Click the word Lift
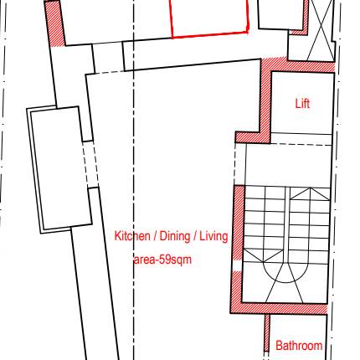click(x=302, y=104)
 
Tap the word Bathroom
click(x=299, y=346)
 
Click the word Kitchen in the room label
click(x=132, y=236)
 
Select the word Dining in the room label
click(x=175, y=236)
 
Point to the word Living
click(x=213, y=236)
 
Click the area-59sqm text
click(x=162, y=260)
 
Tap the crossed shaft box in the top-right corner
click(x=321, y=30)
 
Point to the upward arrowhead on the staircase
click(x=310, y=193)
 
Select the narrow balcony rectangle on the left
click(x=59, y=170)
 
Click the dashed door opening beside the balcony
click(x=90, y=164)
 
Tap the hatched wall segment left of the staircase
click(x=239, y=223)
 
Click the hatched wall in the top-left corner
click(x=55, y=23)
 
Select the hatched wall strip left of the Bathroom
click(x=267, y=333)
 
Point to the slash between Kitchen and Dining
click(x=155, y=237)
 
